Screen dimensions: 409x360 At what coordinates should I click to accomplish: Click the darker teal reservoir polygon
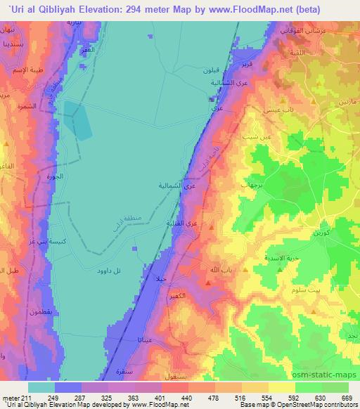click(78, 119)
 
